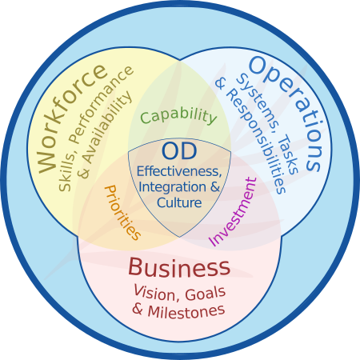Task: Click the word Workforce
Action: [71, 119]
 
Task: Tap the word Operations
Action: [289, 111]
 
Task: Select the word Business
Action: [179, 267]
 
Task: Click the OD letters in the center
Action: [179, 151]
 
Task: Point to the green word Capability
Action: [178, 117]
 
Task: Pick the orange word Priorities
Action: [122, 213]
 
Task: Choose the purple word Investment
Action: [233, 211]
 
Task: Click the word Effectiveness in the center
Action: [179, 171]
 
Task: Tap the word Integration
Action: [173, 186]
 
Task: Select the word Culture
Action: [179, 202]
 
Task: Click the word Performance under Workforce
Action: [102, 105]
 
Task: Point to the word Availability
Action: [106, 127]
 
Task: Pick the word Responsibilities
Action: [256, 142]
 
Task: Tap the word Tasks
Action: [290, 154]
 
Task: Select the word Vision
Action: [154, 293]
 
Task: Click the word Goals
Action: [206, 294]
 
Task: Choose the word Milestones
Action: [186, 311]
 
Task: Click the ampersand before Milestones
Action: [138, 310]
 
